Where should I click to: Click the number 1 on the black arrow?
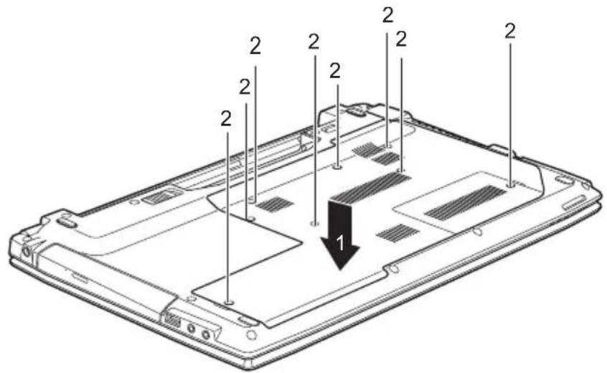pos(339,244)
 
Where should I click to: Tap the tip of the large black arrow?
pos(341,269)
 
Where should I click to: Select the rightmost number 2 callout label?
pos(510,31)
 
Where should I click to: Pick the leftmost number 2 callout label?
pos(226,118)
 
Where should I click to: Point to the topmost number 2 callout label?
pos(388,14)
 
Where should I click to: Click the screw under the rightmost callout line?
pos(512,185)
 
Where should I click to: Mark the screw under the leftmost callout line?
pos(229,301)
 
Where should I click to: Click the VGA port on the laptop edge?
pos(173,321)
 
